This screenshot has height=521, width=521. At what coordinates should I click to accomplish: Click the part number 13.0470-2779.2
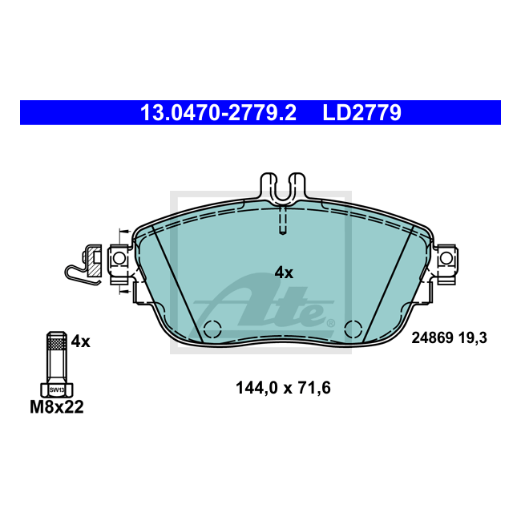pos(218,113)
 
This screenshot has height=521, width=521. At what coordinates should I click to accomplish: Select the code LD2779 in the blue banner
pos(362,113)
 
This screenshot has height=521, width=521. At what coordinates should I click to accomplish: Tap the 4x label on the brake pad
pos(284,273)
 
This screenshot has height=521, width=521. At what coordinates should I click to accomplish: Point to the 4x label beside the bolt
pos(80,341)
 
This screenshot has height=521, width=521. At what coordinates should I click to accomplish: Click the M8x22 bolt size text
pos(57,406)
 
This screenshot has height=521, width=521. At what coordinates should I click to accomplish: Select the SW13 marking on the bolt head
pos(57,390)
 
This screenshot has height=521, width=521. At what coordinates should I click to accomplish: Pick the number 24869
pos(433,338)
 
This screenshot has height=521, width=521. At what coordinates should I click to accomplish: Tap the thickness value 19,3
pos(473,338)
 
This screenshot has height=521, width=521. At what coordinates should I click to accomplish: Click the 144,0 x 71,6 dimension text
pos(283,388)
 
